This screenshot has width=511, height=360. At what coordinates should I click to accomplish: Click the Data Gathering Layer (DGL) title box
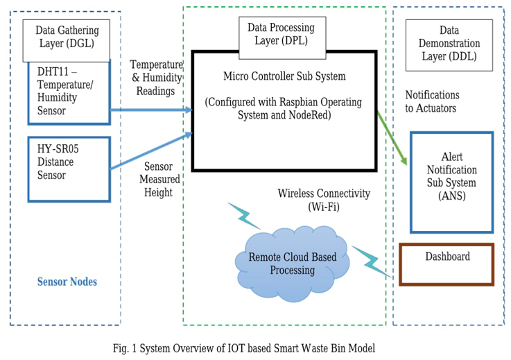point(66,41)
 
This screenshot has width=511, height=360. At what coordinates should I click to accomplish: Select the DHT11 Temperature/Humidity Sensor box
point(69,92)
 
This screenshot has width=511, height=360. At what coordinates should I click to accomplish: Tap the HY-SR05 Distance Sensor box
point(69,169)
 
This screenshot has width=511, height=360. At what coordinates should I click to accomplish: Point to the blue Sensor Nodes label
point(67,282)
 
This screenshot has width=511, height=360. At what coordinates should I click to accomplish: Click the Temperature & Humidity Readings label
point(157,78)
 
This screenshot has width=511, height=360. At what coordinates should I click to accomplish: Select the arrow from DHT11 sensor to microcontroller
point(152,110)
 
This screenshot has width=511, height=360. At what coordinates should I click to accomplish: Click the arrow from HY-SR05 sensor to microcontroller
point(152,151)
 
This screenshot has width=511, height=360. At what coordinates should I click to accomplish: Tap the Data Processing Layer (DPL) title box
point(282,38)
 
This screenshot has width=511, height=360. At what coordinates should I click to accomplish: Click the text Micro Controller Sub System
point(284,76)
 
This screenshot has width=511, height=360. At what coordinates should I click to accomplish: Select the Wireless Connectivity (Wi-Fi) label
point(324,200)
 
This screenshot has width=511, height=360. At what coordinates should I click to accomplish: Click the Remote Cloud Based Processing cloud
point(293,264)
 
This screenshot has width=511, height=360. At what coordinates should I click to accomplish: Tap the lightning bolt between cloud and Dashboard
point(372,262)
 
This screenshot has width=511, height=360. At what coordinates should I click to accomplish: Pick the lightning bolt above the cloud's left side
point(244,216)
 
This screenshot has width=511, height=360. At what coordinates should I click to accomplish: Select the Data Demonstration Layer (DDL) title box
point(449,45)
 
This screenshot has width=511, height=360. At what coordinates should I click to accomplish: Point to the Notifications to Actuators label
point(432,101)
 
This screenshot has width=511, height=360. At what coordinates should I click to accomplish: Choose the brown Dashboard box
point(447,264)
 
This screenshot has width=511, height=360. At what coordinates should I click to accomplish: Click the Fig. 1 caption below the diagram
point(244,348)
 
